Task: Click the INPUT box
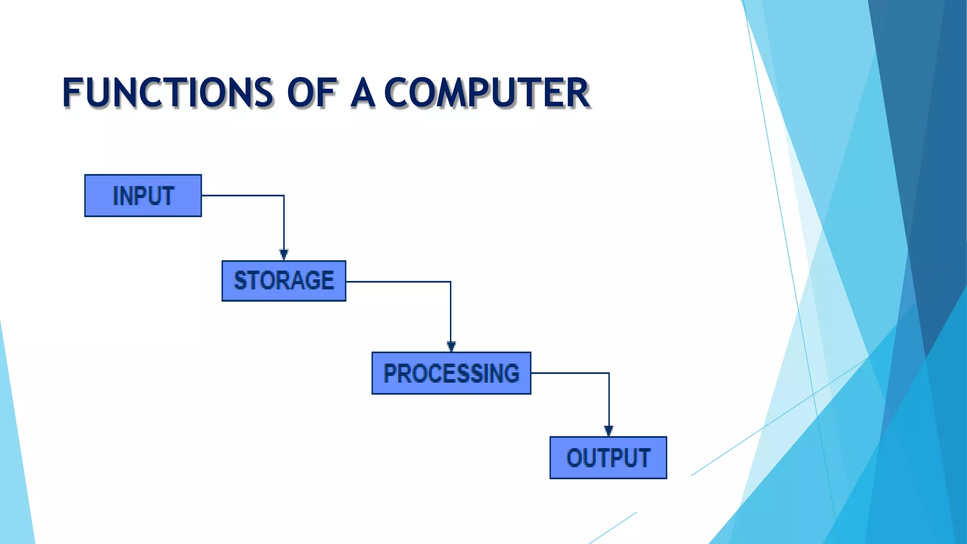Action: (143, 195)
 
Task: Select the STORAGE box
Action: (284, 281)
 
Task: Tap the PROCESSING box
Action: (451, 373)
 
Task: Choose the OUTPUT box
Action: (608, 458)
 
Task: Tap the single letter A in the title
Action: (363, 93)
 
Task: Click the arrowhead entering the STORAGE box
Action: (284, 255)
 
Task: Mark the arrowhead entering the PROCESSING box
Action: (451, 347)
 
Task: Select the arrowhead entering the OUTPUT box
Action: (609, 431)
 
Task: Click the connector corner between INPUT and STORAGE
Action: (284, 195)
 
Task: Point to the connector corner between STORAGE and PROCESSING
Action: (450, 282)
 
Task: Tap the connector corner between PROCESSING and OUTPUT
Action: (609, 373)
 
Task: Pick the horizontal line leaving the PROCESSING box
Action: (569, 373)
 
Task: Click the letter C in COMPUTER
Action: (398, 93)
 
